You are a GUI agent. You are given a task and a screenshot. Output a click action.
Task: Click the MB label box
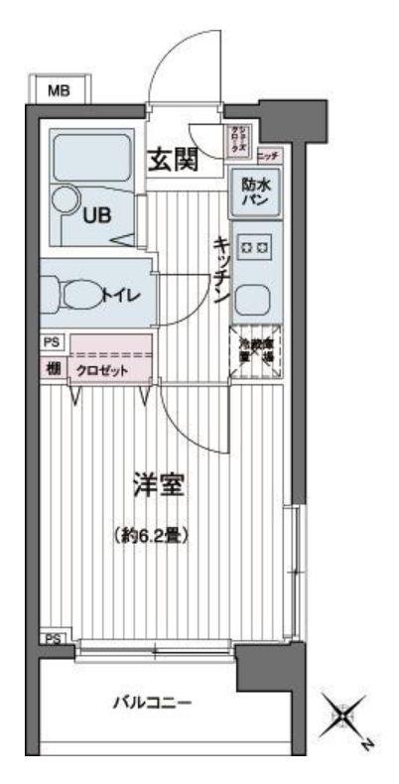[59, 91]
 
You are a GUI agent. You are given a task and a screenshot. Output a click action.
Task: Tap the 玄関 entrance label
[172, 159]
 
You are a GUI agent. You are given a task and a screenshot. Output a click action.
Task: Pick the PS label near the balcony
[53, 640]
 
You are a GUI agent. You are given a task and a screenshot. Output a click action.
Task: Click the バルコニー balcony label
[152, 704]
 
